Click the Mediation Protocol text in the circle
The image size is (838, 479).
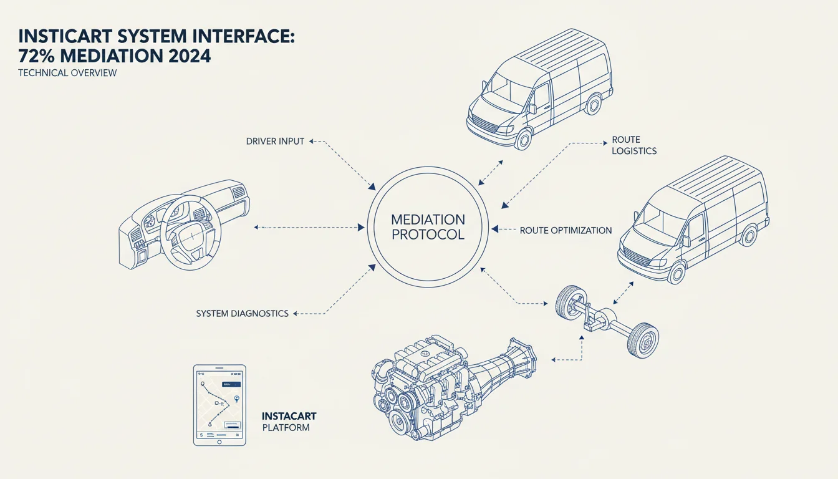[x=428, y=227]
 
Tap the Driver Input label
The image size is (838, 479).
[x=275, y=142]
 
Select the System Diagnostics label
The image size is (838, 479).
[x=242, y=314]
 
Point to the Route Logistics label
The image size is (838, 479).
[x=634, y=145]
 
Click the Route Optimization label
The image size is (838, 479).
[x=566, y=231]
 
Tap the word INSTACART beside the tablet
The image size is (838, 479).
[x=289, y=416]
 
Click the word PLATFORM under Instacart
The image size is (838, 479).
[x=286, y=428]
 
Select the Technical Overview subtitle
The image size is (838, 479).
[x=67, y=72]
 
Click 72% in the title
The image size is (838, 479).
[x=37, y=56]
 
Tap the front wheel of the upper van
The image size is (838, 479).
[x=523, y=139]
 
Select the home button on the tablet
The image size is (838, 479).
[x=219, y=442]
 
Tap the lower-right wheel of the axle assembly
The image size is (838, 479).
[x=643, y=341]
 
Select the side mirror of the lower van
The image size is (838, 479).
[x=686, y=241]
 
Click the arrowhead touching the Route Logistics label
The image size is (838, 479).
[x=605, y=143]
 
